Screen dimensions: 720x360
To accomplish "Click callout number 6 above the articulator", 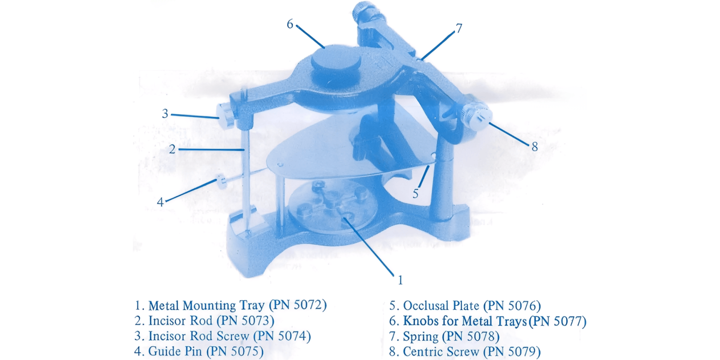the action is [x=290, y=24].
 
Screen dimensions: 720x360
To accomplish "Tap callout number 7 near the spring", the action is [x=459, y=28].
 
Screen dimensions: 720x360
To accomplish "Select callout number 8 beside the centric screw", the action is [x=535, y=147].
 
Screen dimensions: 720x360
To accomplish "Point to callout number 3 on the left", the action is [x=165, y=113].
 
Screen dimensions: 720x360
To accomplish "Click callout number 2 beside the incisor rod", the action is [x=172, y=149].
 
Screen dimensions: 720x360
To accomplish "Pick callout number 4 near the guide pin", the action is [x=160, y=202].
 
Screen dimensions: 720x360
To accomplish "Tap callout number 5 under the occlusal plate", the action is [x=415, y=194].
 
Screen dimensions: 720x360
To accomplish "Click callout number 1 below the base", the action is [x=400, y=280].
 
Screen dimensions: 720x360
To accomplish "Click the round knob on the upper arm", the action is [x=336, y=61].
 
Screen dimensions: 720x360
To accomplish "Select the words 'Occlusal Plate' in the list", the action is [x=441, y=306].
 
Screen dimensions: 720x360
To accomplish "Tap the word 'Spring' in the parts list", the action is [x=420, y=337].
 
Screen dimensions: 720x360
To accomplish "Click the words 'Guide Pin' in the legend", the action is [x=175, y=351].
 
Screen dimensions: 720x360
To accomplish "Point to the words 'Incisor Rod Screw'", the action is [x=199, y=336].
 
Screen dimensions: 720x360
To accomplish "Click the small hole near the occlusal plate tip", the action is [x=280, y=165].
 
